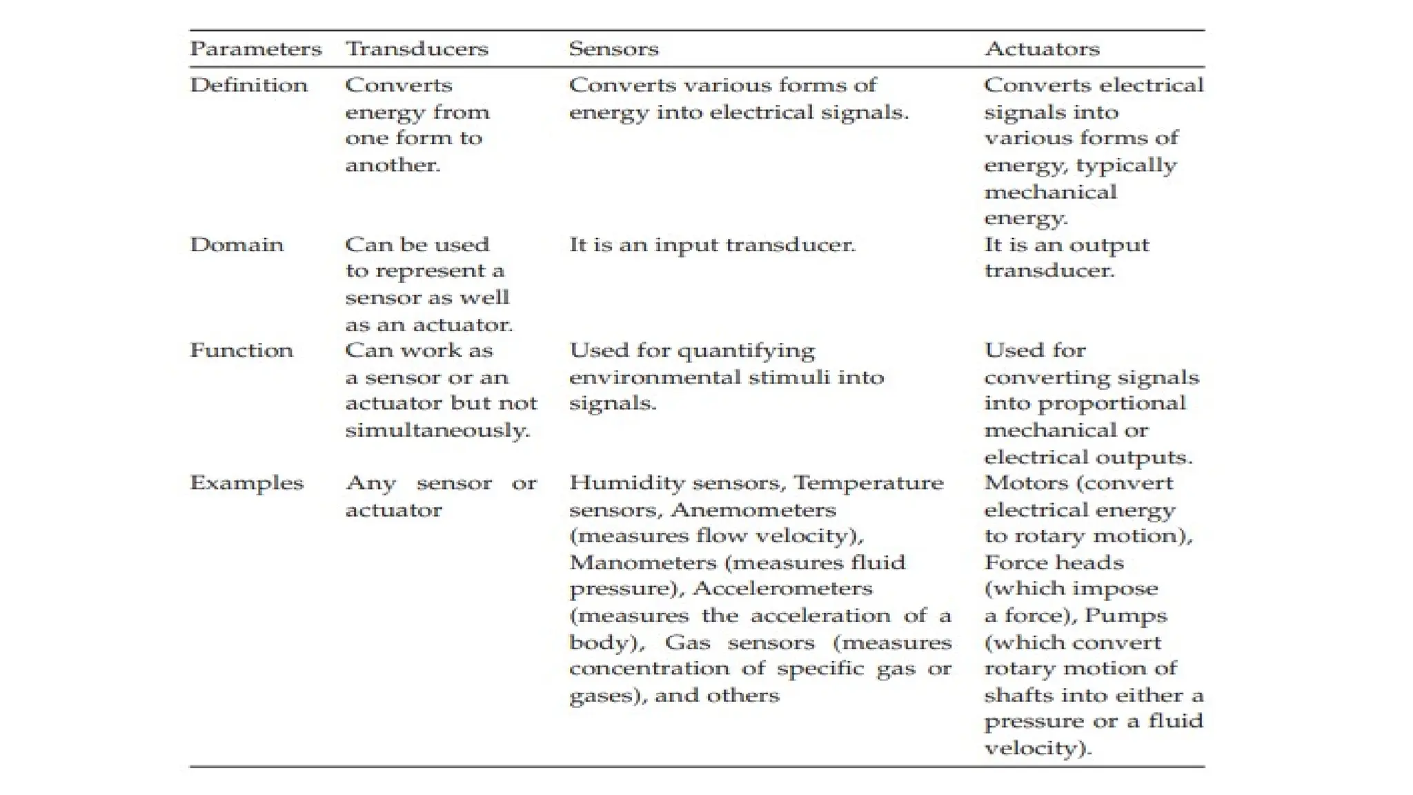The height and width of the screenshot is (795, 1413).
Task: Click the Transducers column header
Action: click(x=417, y=49)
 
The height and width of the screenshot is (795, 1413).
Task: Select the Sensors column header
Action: click(x=613, y=49)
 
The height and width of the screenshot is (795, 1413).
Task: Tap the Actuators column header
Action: click(x=1042, y=49)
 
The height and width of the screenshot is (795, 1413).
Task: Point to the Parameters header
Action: click(x=256, y=49)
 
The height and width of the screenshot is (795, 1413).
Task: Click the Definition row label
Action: click(x=249, y=85)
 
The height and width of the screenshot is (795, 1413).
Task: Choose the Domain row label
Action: click(x=237, y=244)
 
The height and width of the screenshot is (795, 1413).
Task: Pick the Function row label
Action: click(x=241, y=351)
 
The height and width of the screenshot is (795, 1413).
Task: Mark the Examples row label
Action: click(x=247, y=483)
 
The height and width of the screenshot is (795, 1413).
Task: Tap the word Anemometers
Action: click(x=753, y=510)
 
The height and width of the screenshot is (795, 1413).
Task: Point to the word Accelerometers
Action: click(x=782, y=589)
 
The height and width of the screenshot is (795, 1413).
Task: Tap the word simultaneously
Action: click(x=437, y=431)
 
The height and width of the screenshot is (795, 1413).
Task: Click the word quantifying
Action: click(x=746, y=351)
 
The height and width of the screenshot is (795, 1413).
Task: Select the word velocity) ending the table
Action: click(x=1038, y=748)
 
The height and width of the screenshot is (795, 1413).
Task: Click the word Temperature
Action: click(x=868, y=483)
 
